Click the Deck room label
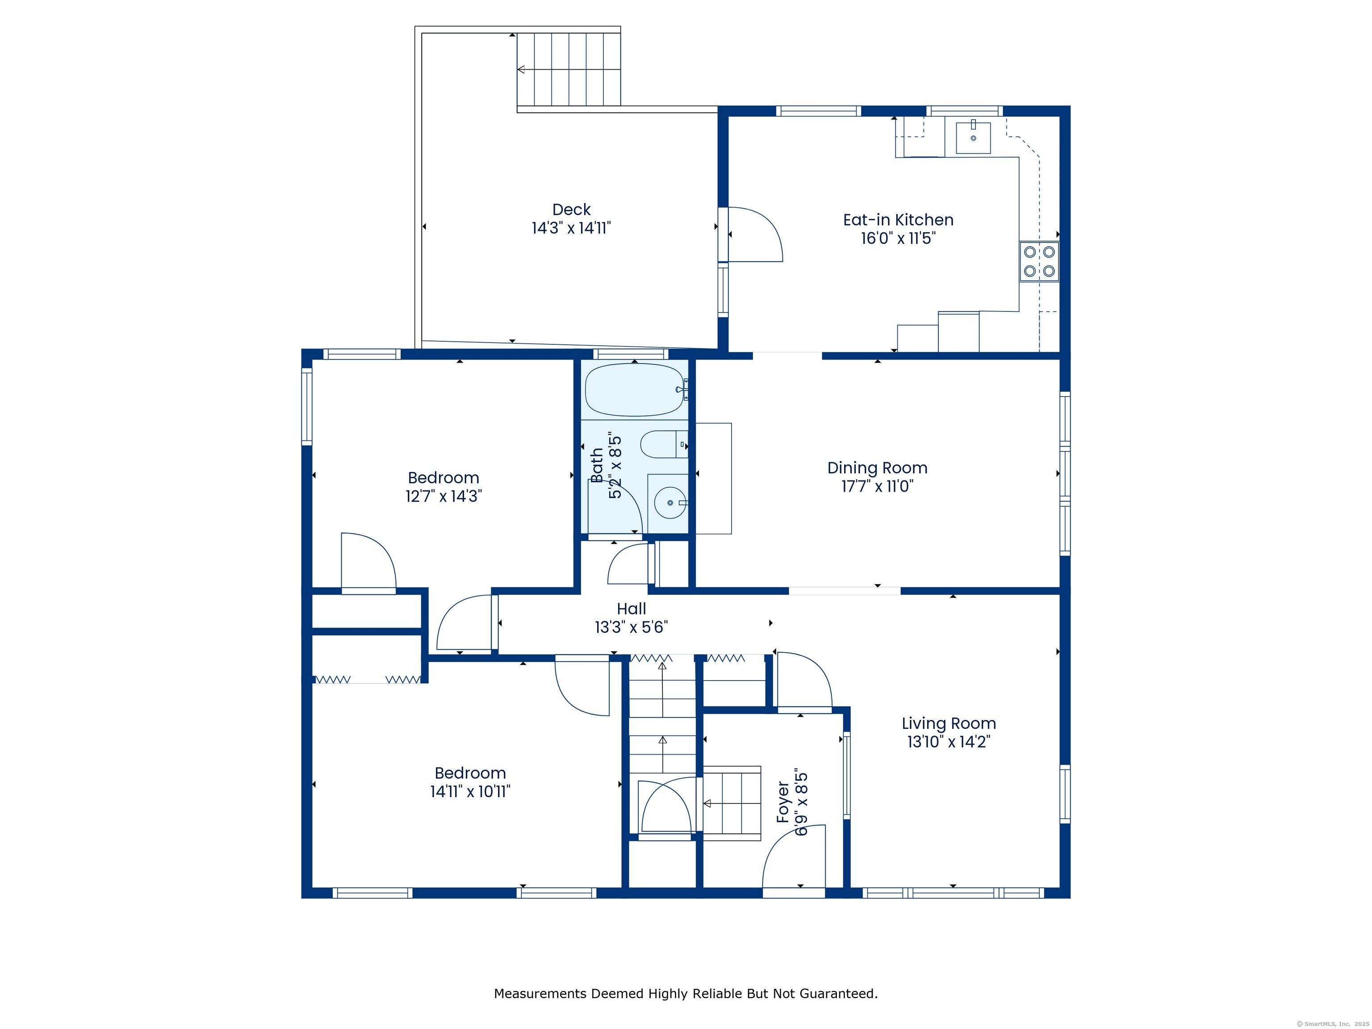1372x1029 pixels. coord(571,209)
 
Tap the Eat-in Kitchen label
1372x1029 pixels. coord(898,220)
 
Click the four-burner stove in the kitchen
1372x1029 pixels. coord(1039,262)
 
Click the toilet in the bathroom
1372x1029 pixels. coord(664,444)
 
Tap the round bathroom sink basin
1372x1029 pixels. coord(670,502)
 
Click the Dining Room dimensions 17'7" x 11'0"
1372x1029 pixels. coord(877,486)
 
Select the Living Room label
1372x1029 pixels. coord(948,723)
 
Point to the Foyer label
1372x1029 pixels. coord(783,803)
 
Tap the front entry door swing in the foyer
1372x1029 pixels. coord(794,857)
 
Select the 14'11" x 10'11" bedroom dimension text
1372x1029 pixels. coord(470,791)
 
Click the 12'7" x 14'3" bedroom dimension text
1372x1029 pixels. coord(443,496)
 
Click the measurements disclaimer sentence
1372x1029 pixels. coord(686,994)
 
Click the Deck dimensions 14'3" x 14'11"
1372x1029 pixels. coord(571,228)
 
